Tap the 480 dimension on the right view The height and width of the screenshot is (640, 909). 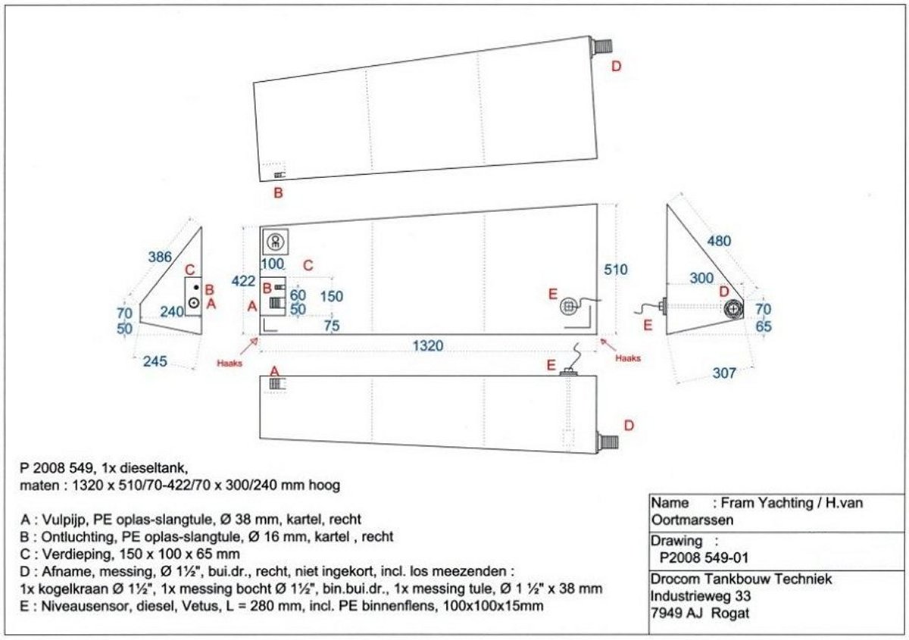(x=719, y=241)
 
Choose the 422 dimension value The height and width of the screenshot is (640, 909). (x=244, y=281)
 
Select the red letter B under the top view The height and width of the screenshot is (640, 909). (x=278, y=192)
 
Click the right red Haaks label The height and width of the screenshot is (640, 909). (x=629, y=357)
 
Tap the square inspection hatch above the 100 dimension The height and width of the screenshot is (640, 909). (x=275, y=242)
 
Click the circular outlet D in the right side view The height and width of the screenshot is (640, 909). (x=733, y=308)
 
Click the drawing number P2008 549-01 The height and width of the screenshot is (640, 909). (x=704, y=558)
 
